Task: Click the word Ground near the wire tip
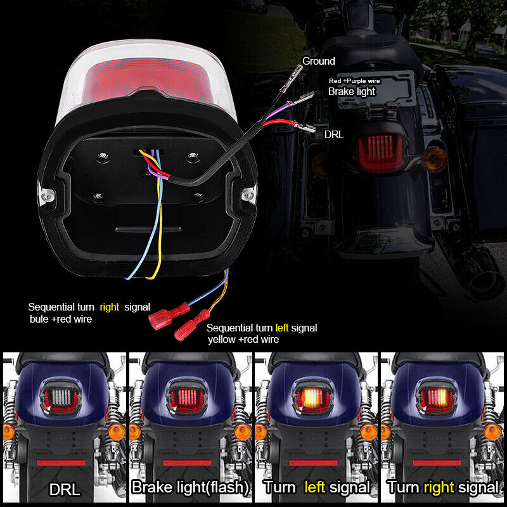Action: (319, 61)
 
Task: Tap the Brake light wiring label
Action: (352, 91)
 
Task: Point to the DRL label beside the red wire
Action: (334, 134)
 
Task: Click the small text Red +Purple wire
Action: (354, 81)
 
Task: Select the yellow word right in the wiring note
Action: (109, 307)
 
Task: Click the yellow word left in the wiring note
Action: (281, 328)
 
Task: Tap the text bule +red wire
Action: (61, 319)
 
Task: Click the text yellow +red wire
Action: (243, 340)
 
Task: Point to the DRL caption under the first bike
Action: (65, 489)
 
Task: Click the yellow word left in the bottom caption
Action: (314, 487)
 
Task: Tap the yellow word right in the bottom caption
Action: (439, 487)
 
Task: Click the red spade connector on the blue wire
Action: (169, 316)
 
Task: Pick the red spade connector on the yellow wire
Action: (192, 325)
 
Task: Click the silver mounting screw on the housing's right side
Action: (248, 195)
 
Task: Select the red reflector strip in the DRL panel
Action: (61, 463)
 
